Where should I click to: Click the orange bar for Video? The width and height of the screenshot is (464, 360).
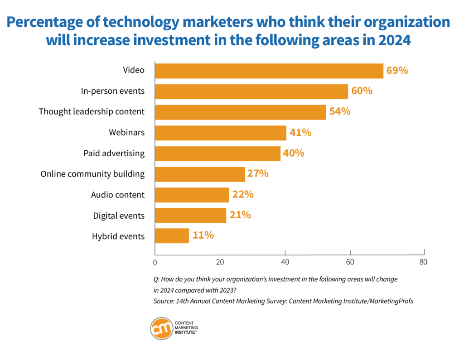tap(269, 71)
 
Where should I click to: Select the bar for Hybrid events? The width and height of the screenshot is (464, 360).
tap(172, 236)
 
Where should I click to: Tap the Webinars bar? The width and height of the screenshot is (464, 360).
tap(221, 133)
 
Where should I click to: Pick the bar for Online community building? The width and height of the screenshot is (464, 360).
tap(200, 174)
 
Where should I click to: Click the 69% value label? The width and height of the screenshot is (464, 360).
tap(397, 71)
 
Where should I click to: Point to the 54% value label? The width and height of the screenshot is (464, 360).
tap(340, 111)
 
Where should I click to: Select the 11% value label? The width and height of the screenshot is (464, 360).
tap(203, 235)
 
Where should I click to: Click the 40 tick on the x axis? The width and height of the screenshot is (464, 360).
tap(285, 262)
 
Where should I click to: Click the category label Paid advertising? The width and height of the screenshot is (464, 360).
tap(114, 153)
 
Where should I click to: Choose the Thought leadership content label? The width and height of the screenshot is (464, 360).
tap(92, 111)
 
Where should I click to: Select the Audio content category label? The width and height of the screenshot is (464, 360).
tap(117, 195)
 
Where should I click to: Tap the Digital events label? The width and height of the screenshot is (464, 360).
tap(119, 216)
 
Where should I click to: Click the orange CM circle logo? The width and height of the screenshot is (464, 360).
tap(162, 328)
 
